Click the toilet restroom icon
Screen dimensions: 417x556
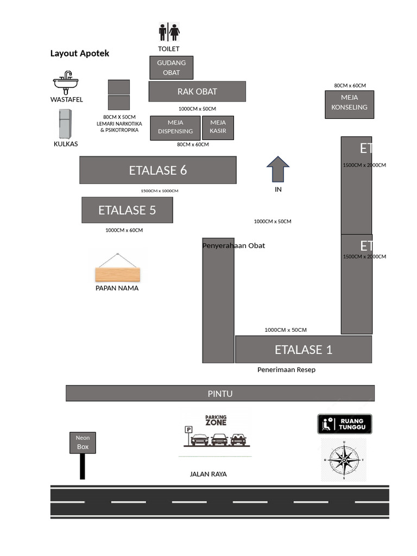169,32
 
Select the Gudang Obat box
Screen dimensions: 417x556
171,68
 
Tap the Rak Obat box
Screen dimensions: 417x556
197,91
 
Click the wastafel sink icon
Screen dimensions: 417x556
66,83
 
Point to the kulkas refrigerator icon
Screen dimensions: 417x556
65,124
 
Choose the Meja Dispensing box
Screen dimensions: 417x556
175,127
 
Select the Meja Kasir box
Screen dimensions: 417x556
218,127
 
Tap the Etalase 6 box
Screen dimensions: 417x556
158,170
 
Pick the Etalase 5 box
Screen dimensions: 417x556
127,210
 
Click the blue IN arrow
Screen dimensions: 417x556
278,169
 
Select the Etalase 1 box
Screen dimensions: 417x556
304,350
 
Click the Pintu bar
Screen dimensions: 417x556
220,393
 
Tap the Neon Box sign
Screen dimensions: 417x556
83,443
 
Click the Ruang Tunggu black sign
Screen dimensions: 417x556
344,424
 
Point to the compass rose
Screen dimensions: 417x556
344,460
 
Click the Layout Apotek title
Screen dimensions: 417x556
80,53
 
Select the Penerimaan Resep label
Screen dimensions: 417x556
286,370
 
